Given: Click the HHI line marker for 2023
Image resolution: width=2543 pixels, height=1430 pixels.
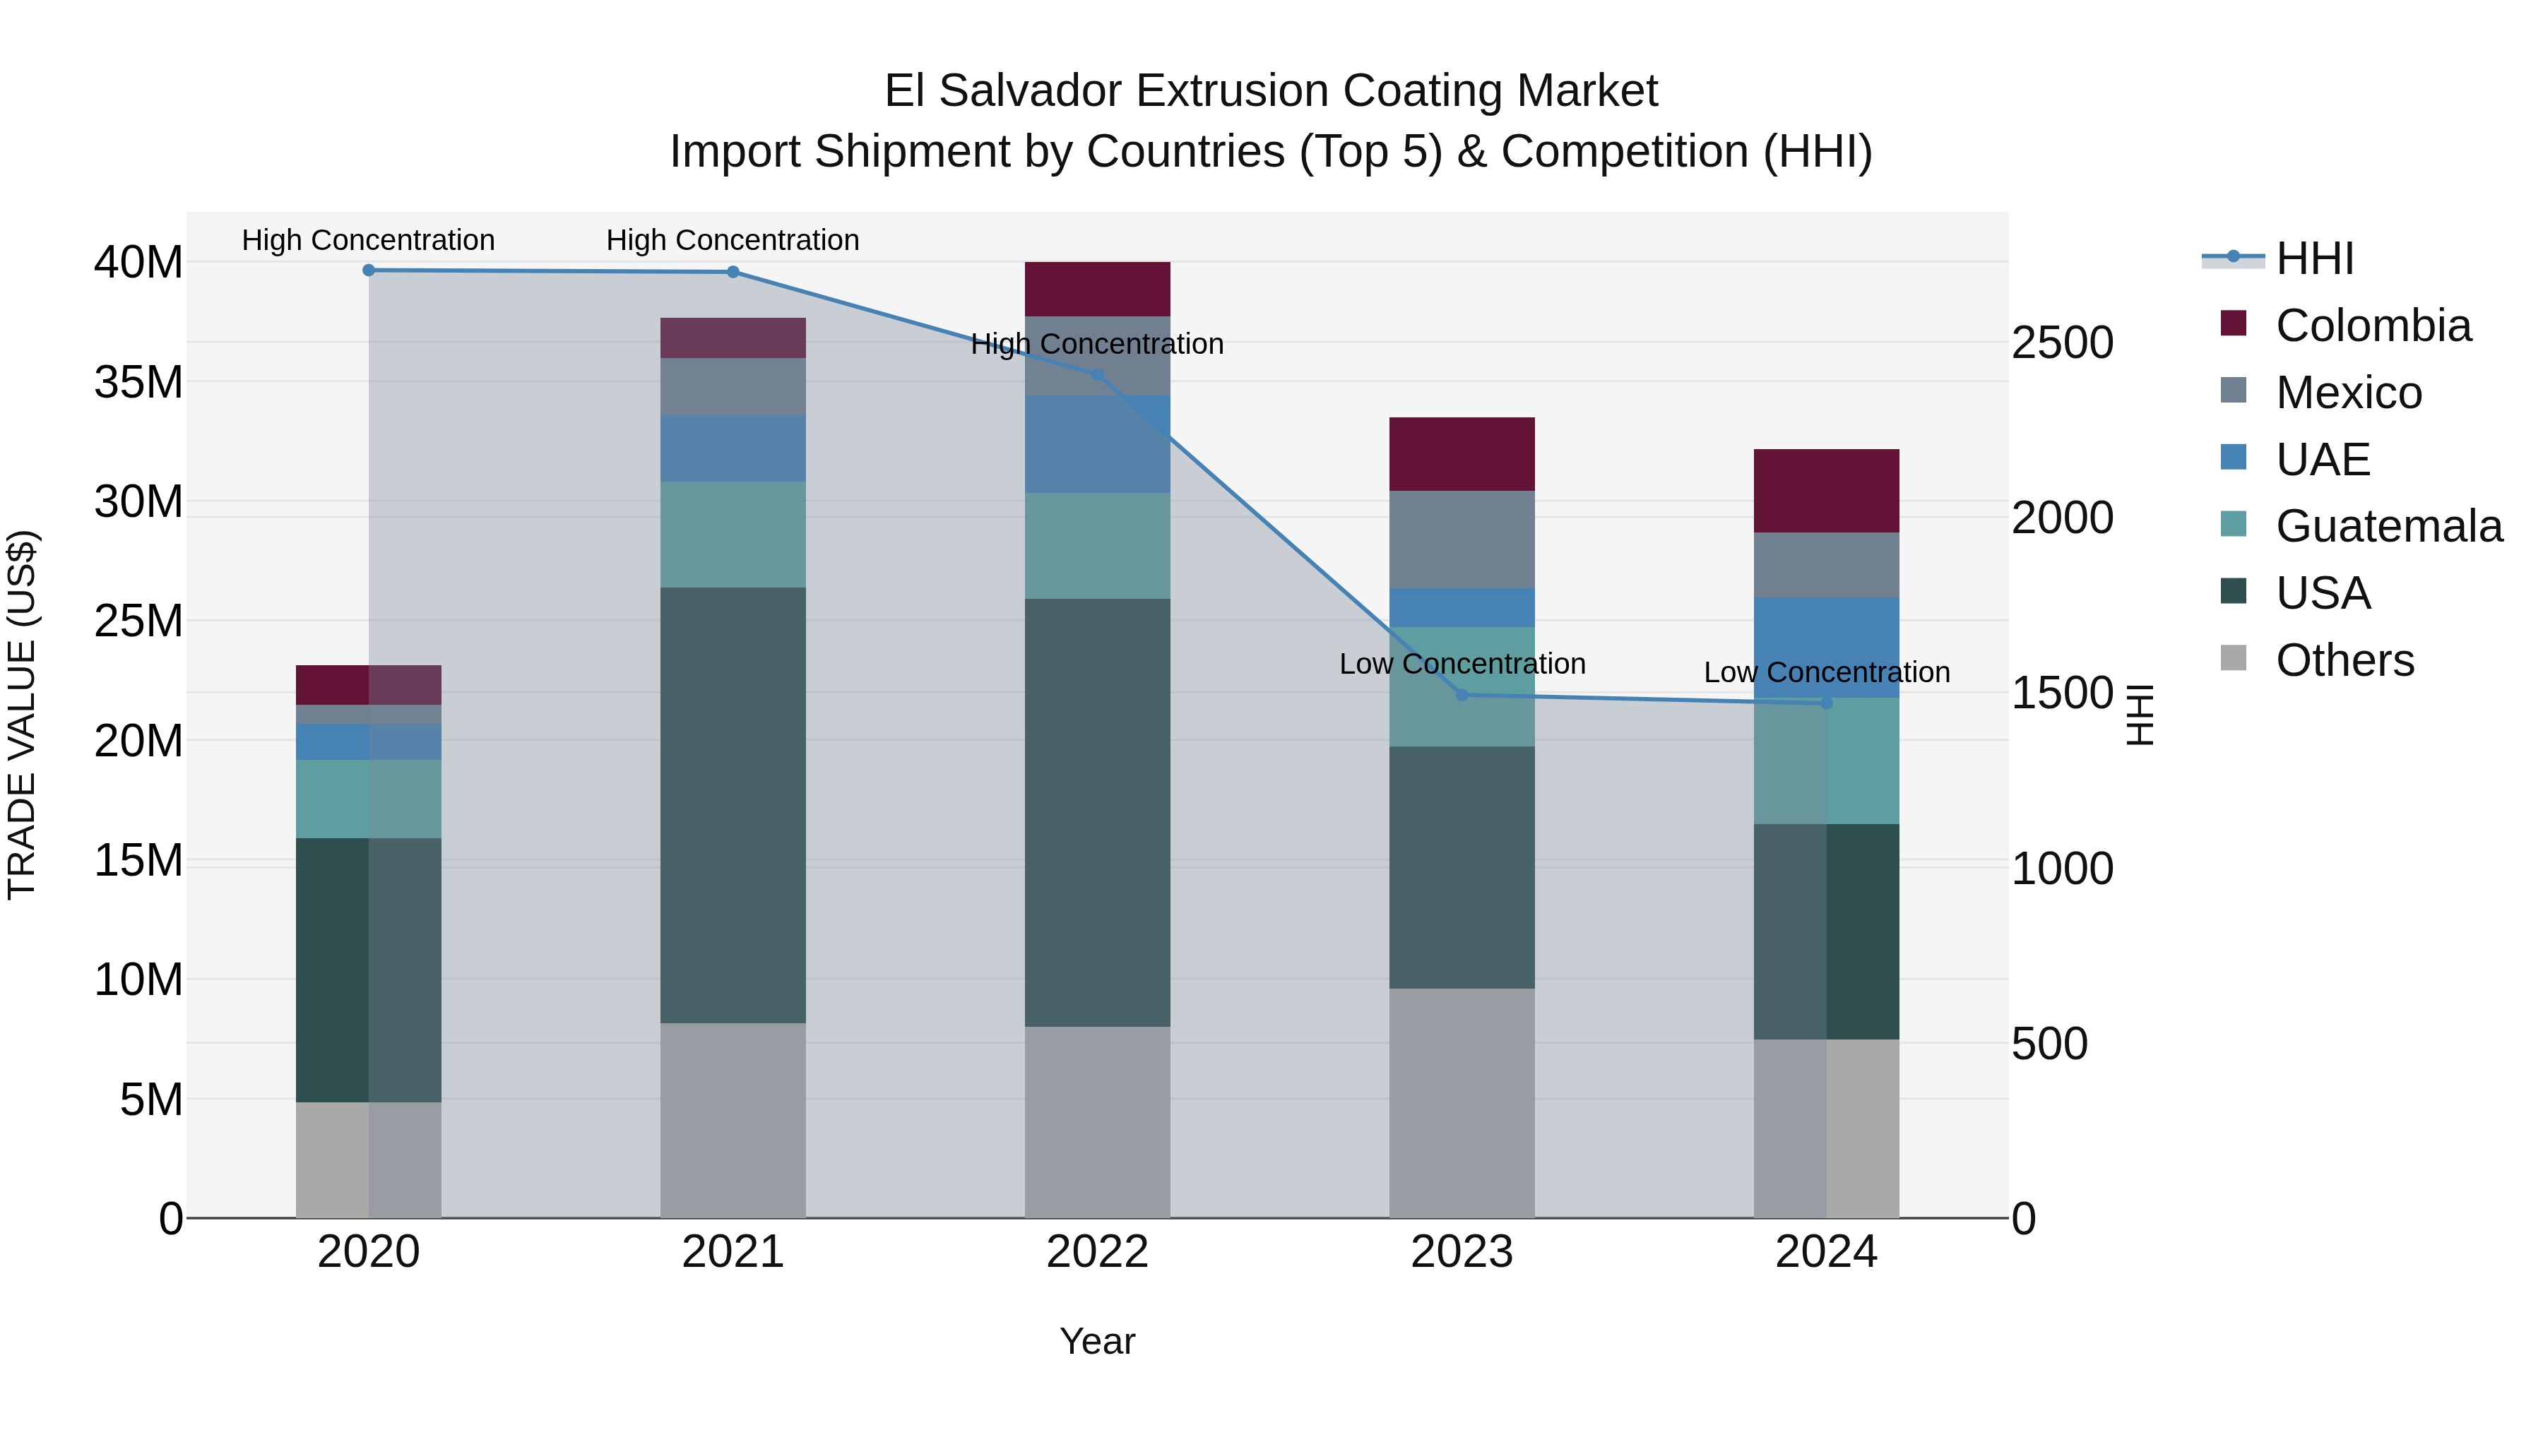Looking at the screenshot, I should [x=1462, y=695].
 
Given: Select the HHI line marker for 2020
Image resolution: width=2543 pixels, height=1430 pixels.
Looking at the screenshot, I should [x=368, y=270].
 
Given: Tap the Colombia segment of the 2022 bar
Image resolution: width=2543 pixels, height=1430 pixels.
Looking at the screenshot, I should [x=1097, y=289].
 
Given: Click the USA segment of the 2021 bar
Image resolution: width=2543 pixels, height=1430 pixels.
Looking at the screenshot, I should [x=733, y=804].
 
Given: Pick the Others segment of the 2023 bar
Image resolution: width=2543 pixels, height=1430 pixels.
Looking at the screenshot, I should [x=1462, y=1102].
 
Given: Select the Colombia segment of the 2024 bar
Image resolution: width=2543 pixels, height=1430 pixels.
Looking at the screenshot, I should [x=1826, y=491].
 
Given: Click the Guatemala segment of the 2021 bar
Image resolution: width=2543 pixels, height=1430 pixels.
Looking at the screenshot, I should [x=733, y=534].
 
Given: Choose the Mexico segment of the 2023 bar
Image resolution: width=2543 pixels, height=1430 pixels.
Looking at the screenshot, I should [x=1462, y=539].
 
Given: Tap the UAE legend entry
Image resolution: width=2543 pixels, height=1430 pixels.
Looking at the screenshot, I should [x=2322, y=459].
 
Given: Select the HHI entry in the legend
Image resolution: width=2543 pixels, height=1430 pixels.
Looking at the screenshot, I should [x=2314, y=258].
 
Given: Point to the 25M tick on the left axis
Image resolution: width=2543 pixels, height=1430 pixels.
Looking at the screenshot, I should [x=138, y=621].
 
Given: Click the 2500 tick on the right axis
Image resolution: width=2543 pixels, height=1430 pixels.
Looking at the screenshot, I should [x=2062, y=342].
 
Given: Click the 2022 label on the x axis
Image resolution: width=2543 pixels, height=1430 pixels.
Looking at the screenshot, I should [x=1097, y=1252].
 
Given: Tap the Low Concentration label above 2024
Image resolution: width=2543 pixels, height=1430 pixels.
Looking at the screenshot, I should [x=1826, y=672].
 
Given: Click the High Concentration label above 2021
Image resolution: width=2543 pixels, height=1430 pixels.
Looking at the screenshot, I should [x=733, y=240].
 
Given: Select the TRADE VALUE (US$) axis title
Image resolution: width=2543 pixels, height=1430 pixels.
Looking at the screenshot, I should [x=22, y=715].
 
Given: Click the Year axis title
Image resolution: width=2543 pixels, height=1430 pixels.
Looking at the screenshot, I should [x=1097, y=1341].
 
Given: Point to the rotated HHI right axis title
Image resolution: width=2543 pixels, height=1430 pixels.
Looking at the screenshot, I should [x=2139, y=715].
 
